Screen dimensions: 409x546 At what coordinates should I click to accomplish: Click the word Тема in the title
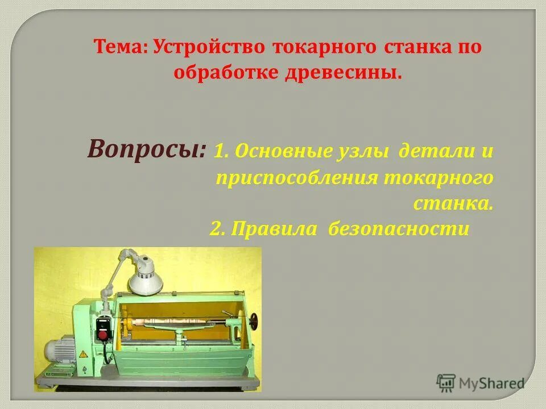118,47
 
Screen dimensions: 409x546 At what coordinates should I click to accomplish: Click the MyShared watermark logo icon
446,383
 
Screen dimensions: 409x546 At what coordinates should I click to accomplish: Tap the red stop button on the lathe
103,335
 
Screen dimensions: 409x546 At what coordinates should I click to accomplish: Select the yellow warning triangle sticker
83,354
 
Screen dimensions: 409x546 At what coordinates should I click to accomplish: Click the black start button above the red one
103,323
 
